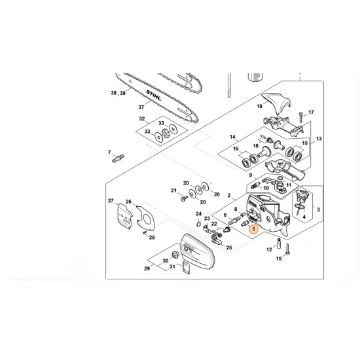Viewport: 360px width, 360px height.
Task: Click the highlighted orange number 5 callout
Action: pos(253,231)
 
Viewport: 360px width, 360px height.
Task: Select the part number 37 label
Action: pos(139,107)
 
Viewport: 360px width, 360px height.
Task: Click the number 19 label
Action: pos(259,107)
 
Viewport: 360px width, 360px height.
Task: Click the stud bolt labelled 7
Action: pos(118,158)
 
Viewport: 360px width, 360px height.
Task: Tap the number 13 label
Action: pos(319,139)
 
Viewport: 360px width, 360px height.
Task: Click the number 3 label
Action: pos(319,209)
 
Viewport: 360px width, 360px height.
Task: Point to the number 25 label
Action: pos(229,248)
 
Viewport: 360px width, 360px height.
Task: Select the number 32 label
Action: pos(141,119)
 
